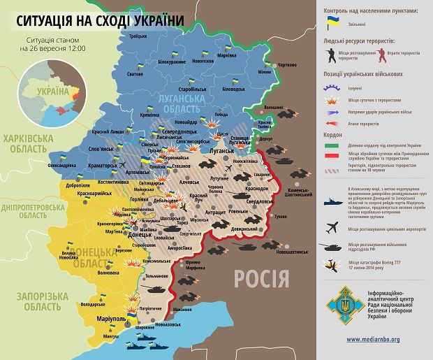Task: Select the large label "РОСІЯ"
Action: (x=261, y=278)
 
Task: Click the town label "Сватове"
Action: (x=135, y=73)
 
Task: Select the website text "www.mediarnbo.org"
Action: (x=373, y=339)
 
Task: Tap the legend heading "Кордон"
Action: (x=333, y=134)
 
